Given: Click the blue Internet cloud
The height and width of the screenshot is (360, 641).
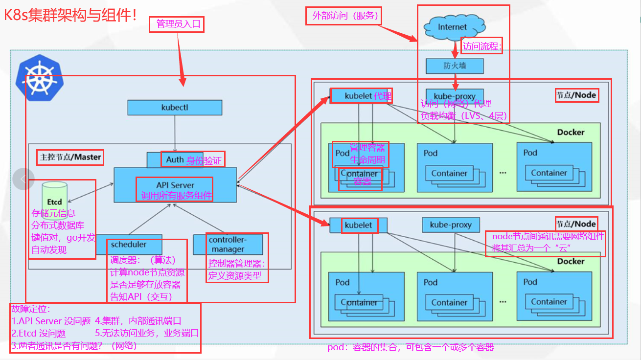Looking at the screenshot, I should [x=452, y=27].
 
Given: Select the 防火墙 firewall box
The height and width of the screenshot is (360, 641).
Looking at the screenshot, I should [x=455, y=66].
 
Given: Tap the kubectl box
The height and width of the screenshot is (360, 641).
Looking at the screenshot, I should [x=175, y=107].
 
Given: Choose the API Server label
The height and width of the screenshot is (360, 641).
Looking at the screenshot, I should [x=175, y=185].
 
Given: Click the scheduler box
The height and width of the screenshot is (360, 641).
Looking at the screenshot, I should [x=128, y=244].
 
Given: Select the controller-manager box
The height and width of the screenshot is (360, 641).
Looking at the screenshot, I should [x=228, y=244].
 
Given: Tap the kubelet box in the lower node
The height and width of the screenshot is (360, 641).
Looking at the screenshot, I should [x=359, y=225].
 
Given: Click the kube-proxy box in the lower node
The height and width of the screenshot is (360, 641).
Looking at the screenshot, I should [x=451, y=225].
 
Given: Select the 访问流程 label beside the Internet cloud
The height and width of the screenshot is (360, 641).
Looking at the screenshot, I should [x=482, y=46].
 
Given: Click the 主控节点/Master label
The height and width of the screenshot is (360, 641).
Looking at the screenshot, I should [x=70, y=157].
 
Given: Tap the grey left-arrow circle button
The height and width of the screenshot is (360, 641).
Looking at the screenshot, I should [x=23, y=179].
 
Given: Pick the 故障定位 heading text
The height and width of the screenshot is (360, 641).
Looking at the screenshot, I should [x=31, y=310].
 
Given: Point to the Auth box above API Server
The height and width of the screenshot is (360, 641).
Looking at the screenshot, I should [x=175, y=160].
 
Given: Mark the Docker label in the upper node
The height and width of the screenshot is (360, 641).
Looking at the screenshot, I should [x=571, y=132].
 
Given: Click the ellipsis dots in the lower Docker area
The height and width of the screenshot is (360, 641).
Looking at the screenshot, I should [x=503, y=302].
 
